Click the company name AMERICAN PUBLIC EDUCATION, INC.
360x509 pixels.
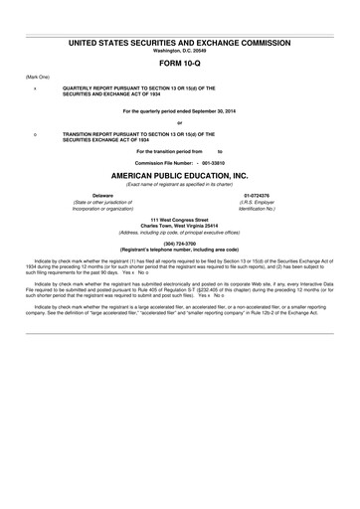point(180,174)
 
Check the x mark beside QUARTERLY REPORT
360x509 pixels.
point(36,87)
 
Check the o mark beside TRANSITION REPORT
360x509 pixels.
point(36,132)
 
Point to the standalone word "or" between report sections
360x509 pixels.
point(180,122)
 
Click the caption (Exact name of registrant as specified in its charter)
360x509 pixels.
point(180,184)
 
